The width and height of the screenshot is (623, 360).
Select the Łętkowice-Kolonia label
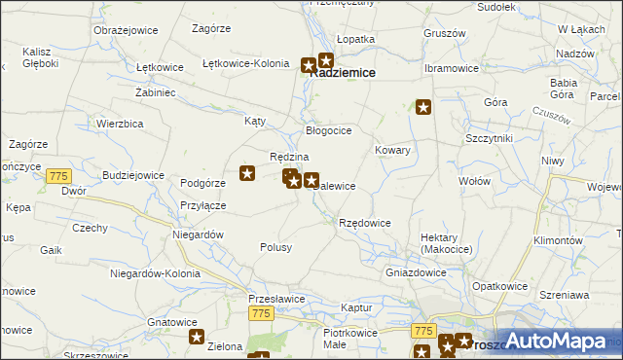(245, 64)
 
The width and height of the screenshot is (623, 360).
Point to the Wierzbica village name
(121, 124)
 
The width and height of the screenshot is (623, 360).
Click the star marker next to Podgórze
(247, 174)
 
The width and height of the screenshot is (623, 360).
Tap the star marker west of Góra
(423, 107)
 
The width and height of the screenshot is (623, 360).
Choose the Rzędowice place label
(364, 224)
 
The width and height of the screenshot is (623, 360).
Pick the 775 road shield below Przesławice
(260, 313)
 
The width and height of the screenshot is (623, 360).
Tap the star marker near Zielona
(196, 338)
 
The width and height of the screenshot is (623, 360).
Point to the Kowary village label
(393, 151)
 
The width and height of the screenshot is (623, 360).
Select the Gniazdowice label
(416, 272)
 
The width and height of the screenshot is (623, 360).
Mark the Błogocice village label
(328, 130)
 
